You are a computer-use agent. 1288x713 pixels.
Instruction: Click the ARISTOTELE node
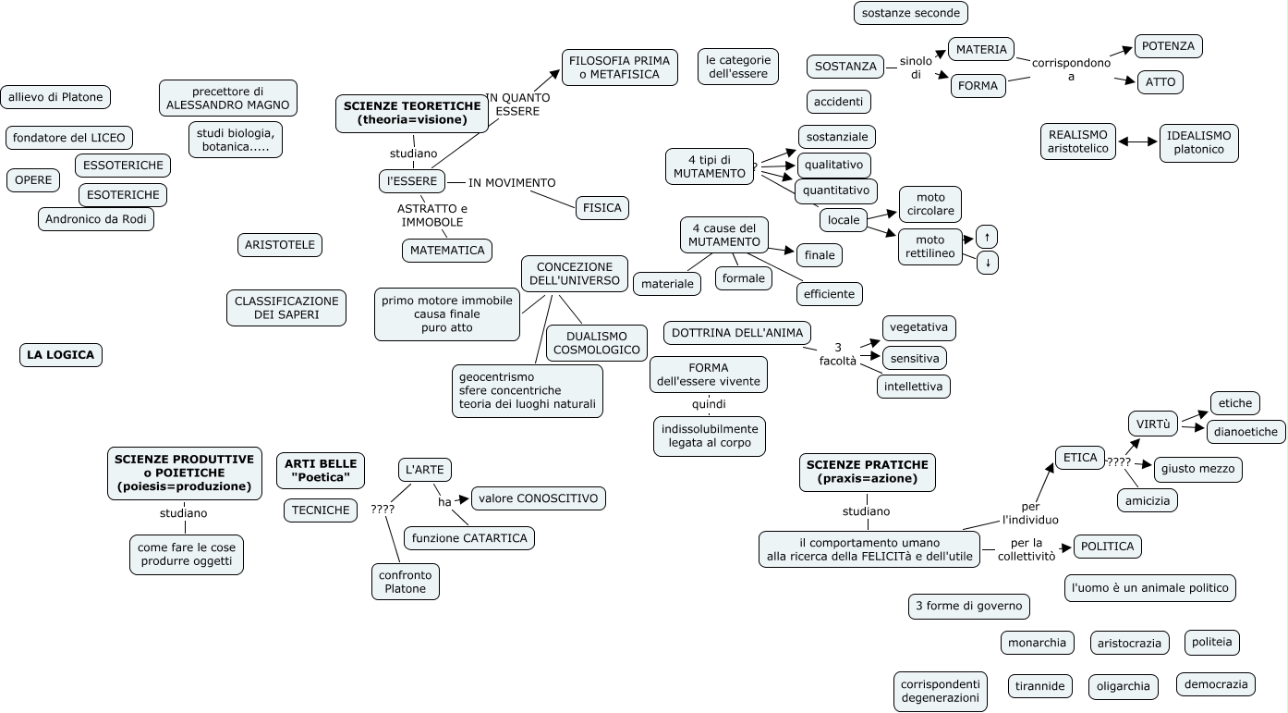click(280, 245)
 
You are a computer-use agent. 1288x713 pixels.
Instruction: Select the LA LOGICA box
click(60, 355)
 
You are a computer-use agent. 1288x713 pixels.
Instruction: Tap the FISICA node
click(602, 208)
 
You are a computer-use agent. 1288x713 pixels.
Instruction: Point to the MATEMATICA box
click(447, 251)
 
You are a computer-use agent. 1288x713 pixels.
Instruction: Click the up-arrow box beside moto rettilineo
click(988, 237)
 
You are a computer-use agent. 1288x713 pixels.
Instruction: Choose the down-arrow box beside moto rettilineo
click(988, 263)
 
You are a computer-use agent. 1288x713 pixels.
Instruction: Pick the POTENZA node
click(1168, 46)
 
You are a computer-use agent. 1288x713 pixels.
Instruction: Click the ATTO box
click(1160, 82)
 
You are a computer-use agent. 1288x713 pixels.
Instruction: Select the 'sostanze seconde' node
click(910, 13)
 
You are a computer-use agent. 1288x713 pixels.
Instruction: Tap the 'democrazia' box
click(1216, 684)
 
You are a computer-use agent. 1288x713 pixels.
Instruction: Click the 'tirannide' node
click(1040, 686)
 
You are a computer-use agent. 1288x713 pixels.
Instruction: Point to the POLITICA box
click(1108, 547)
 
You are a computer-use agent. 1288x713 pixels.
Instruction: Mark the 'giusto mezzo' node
click(1198, 469)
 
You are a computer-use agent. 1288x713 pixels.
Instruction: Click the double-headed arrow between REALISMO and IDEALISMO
click(1137, 142)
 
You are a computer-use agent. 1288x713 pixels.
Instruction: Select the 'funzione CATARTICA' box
click(469, 538)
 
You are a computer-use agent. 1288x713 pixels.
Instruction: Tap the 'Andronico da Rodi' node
click(97, 219)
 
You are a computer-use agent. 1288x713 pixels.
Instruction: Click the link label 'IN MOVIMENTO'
click(512, 183)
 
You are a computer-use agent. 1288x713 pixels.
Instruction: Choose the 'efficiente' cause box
click(830, 294)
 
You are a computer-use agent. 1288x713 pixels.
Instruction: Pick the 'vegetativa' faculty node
click(918, 327)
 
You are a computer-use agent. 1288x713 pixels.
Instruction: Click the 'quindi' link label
click(709, 404)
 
